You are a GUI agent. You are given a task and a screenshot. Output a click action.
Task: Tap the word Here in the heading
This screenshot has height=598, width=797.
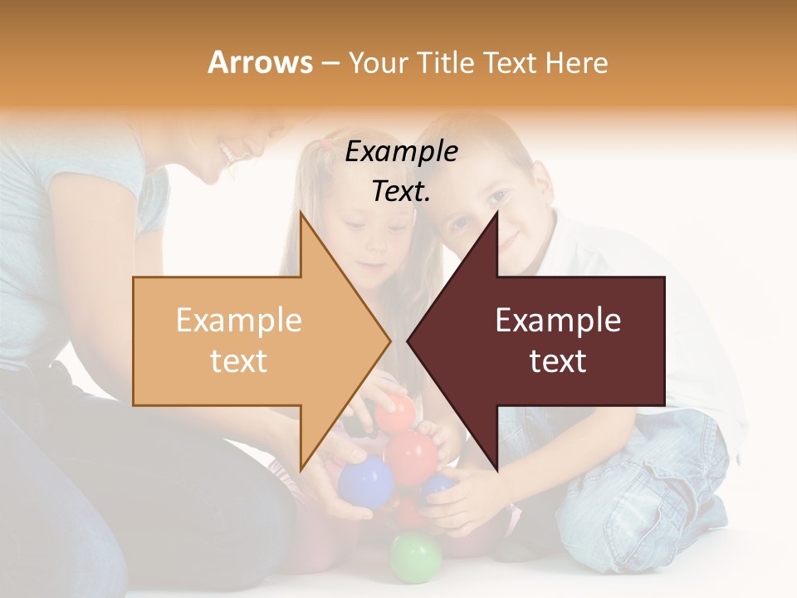point(576,62)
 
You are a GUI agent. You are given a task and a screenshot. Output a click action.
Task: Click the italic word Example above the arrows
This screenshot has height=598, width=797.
point(401,152)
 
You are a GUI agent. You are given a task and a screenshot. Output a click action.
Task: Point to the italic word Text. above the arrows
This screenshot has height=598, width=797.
point(401,192)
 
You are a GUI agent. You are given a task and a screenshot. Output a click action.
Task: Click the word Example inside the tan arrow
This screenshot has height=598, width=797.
point(238,321)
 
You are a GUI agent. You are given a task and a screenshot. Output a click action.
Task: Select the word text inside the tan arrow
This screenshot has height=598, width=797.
point(238,361)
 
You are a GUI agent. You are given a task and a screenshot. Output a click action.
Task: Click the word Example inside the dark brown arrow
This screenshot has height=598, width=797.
point(558,321)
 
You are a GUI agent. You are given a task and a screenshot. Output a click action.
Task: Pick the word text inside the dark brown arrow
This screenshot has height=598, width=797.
point(558,361)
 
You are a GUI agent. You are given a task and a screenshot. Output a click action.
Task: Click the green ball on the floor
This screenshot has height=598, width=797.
point(415,556)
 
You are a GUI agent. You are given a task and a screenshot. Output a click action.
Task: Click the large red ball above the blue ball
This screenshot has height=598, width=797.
point(412,454)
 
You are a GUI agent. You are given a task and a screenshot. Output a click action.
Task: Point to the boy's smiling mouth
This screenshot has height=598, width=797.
point(508,244)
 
